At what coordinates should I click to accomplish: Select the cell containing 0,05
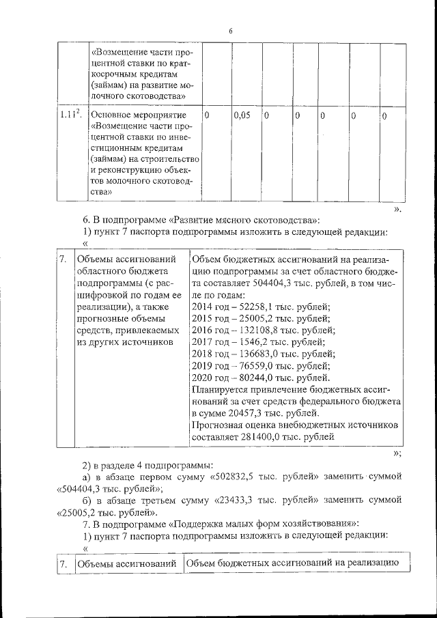(242, 116)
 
